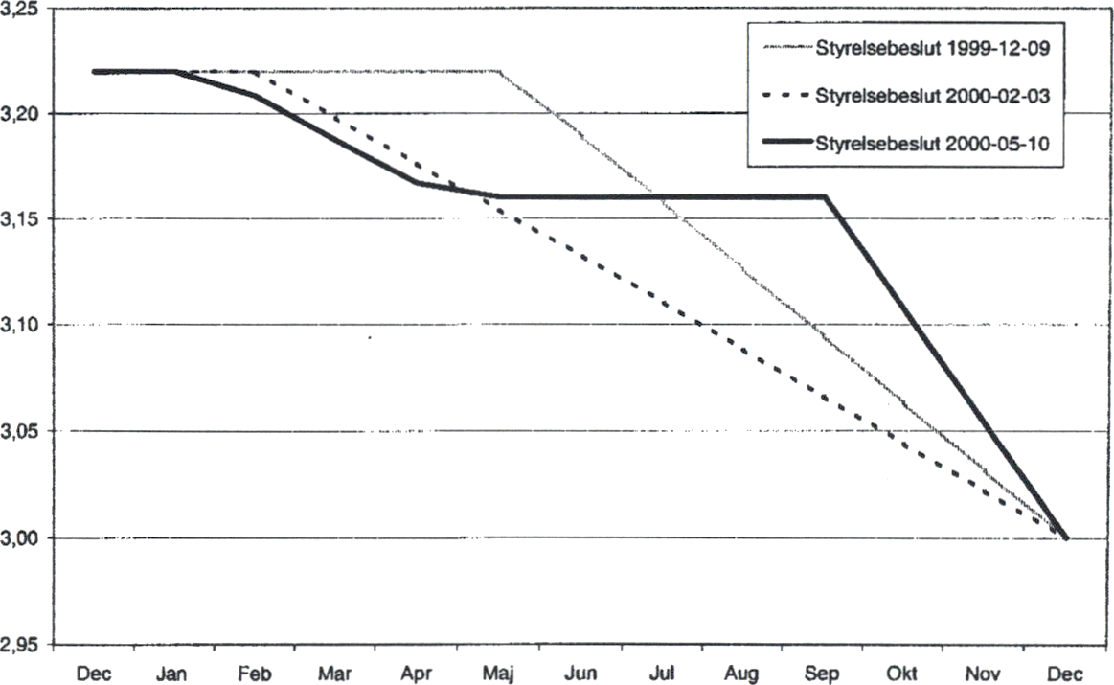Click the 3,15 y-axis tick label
pos(21,220)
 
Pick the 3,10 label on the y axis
pos(21,327)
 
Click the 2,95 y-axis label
pos(21,645)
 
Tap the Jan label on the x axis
pos(173,674)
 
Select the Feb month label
pos(255,674)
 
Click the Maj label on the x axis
pos(499,674)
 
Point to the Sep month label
pos(824,674)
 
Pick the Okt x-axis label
pos(905,674)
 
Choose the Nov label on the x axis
pos(987,674)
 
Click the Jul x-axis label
pos(662,674)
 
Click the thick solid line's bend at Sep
pos(825,196)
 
